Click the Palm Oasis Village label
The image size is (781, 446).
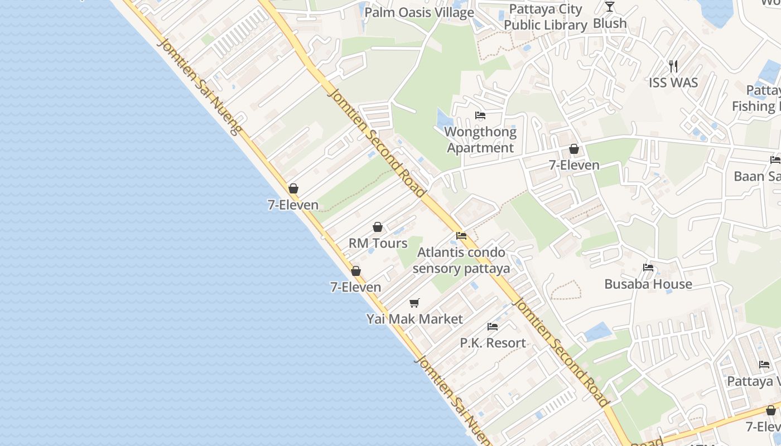coord(419,12)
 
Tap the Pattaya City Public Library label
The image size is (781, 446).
coord(545,17)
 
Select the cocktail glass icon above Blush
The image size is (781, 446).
coord(610,7)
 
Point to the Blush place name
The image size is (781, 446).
coord(610,23)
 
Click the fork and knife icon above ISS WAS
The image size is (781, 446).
coord(673,66)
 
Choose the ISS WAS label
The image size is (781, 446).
coord(673,83)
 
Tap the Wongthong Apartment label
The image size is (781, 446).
coord(480,140)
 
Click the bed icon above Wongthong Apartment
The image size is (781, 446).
coord(480,116)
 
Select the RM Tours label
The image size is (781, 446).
coord(378,244)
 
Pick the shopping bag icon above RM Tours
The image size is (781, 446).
coord(378,227)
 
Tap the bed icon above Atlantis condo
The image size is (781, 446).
coord(461,236)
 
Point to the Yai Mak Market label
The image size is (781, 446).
coord(414,319)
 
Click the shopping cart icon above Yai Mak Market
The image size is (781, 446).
coord(414,303)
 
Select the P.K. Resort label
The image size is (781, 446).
coord(493,343)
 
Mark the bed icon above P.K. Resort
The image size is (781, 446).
coord(493,327)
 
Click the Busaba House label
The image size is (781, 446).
coord(648,284)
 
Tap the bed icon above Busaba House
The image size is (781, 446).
coord(648,268)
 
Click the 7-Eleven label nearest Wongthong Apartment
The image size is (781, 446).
coord(574,165)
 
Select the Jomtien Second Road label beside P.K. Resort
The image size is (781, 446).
coord(561,352)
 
